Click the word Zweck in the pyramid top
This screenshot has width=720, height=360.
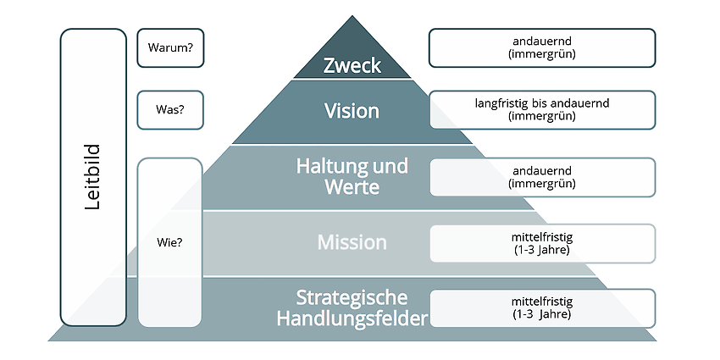point(352,66)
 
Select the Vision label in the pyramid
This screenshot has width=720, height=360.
point(352,111)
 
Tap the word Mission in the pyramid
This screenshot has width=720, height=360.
point(352,242)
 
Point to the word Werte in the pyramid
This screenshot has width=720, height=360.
point(352,187)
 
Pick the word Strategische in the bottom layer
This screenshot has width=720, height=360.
point(352,298)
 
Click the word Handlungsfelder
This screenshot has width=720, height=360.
point(352,318)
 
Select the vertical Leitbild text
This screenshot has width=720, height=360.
point(93,177)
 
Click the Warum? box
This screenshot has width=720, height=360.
point(170,47)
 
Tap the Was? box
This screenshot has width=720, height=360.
point(170,110)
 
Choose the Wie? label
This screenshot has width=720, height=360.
point(169,242)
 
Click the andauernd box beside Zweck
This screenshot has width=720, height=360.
point(542,47)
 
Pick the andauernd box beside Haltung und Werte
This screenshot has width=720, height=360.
point(542,177)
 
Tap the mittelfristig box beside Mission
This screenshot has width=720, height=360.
point(542,243)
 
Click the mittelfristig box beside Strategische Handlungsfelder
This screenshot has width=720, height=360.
point(542,308)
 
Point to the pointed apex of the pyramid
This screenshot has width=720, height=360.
point(352,15)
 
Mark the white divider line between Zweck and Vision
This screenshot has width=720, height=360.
point(352,79)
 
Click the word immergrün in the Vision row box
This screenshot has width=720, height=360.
point(542,116)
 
